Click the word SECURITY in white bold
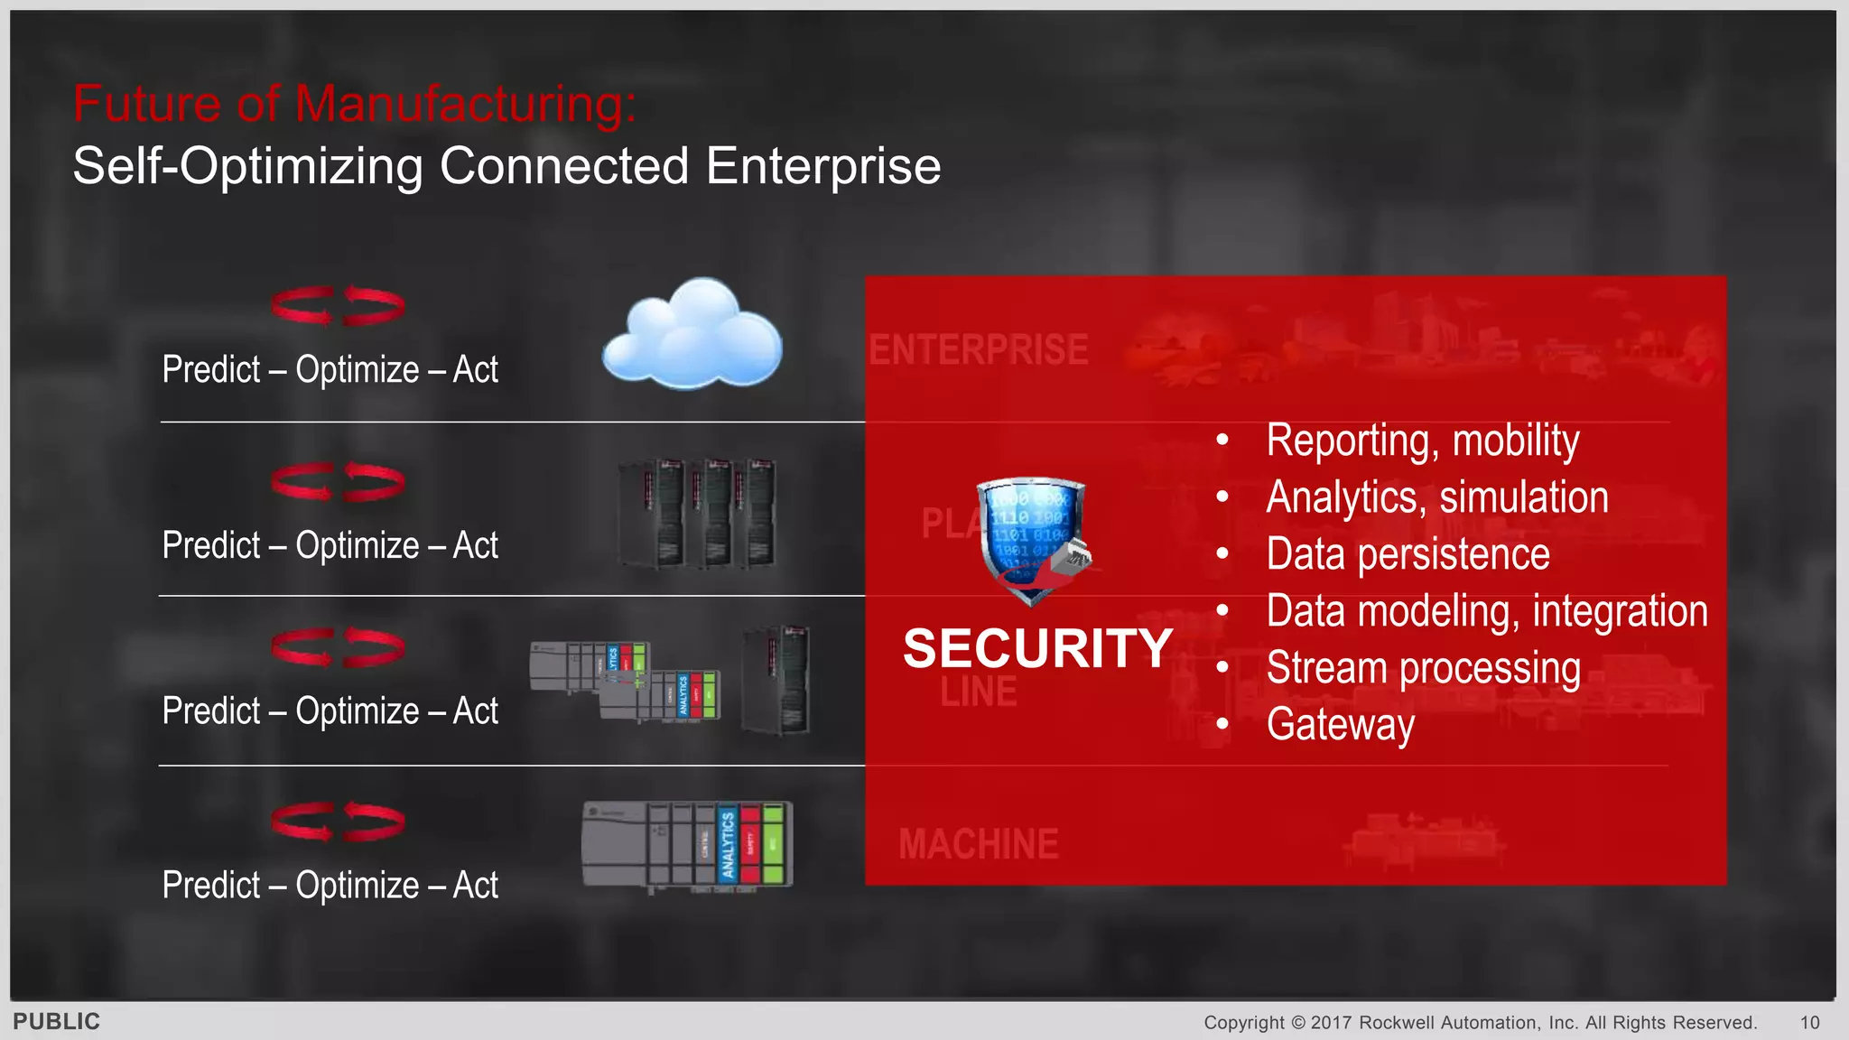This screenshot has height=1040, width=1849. [x=1037, y=648]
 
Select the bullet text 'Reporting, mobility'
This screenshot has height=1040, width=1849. [x=1422, y=441]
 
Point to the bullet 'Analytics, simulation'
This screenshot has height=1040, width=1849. [x=1436, y=497]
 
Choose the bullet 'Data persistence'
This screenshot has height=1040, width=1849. [x=1408, y=554]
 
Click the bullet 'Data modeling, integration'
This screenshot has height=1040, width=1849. [x=1486, y=611]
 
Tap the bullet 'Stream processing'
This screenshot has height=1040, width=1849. [x=1423, y=668]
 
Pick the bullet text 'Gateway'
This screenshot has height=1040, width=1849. [x=1340, y=725]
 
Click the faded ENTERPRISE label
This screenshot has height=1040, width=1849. [x=978, y=350]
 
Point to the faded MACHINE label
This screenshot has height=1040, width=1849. [x=978, y=845]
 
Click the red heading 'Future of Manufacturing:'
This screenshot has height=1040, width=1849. [x=354, y=103]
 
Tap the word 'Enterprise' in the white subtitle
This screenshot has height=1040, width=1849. [x=822, y=166]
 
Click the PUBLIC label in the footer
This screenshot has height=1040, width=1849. [x=56, y=1021]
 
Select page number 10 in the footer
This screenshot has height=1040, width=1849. [x=1809, y=1022]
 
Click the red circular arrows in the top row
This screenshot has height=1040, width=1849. [x=338, y=306]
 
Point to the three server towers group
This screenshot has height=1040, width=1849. [x=696, y=514]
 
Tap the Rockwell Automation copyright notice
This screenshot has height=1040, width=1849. [x=1480, y=1022]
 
